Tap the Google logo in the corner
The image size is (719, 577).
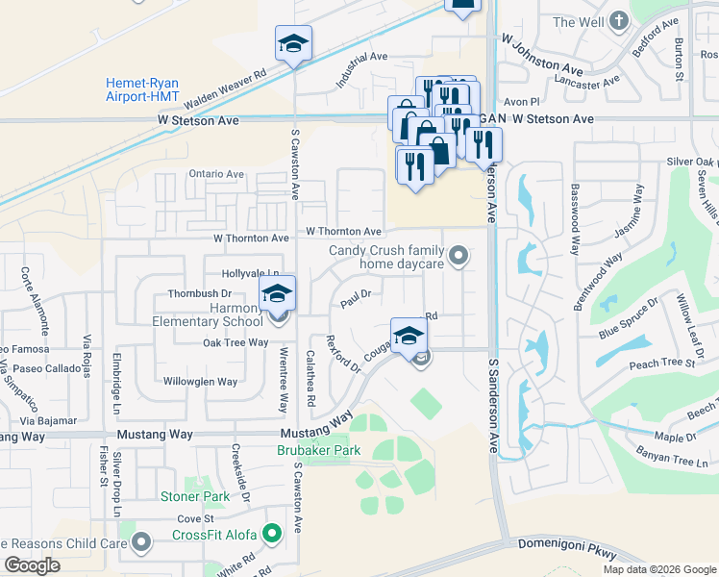coord(32,565)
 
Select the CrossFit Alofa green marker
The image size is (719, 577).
coord(273,532)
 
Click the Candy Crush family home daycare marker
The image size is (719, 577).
coord(459,256)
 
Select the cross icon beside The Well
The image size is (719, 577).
coord(619,21)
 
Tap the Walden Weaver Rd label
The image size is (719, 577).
coord(227,85)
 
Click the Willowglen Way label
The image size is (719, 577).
coord(200,382)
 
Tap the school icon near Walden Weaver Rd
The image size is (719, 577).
coord(293,43)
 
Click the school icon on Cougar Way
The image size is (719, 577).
coord(409,336)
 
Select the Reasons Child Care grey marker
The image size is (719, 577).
coord(141,544)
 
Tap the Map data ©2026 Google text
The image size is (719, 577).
coord(659,569)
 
